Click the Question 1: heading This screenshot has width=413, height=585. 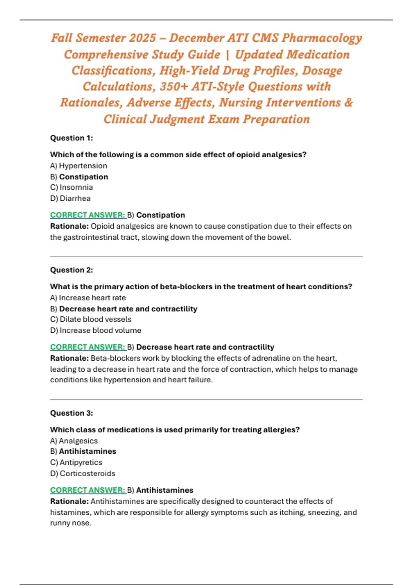[x=72, y=138]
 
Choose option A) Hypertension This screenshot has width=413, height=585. [x=78, y=166]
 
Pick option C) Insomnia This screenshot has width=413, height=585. [x=72, y=187]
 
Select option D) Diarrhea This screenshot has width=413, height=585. [x=70, y=198]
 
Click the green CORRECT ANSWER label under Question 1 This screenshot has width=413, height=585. [x=88, y=215]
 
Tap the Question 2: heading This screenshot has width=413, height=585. [x=72, y=270]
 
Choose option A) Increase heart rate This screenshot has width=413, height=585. [x=88, y=298]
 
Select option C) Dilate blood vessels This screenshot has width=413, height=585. [x=91, y=319]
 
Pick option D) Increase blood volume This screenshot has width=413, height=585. [x=96, y=330]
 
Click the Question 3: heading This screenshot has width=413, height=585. [x=72, y=413]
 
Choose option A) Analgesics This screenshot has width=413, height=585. [x=74, y=441]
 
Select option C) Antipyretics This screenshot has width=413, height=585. [x=76, y=462]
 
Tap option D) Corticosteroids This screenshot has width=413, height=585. [x=83, y=474]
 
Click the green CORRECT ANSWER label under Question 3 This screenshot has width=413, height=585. [x=88, y=490]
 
